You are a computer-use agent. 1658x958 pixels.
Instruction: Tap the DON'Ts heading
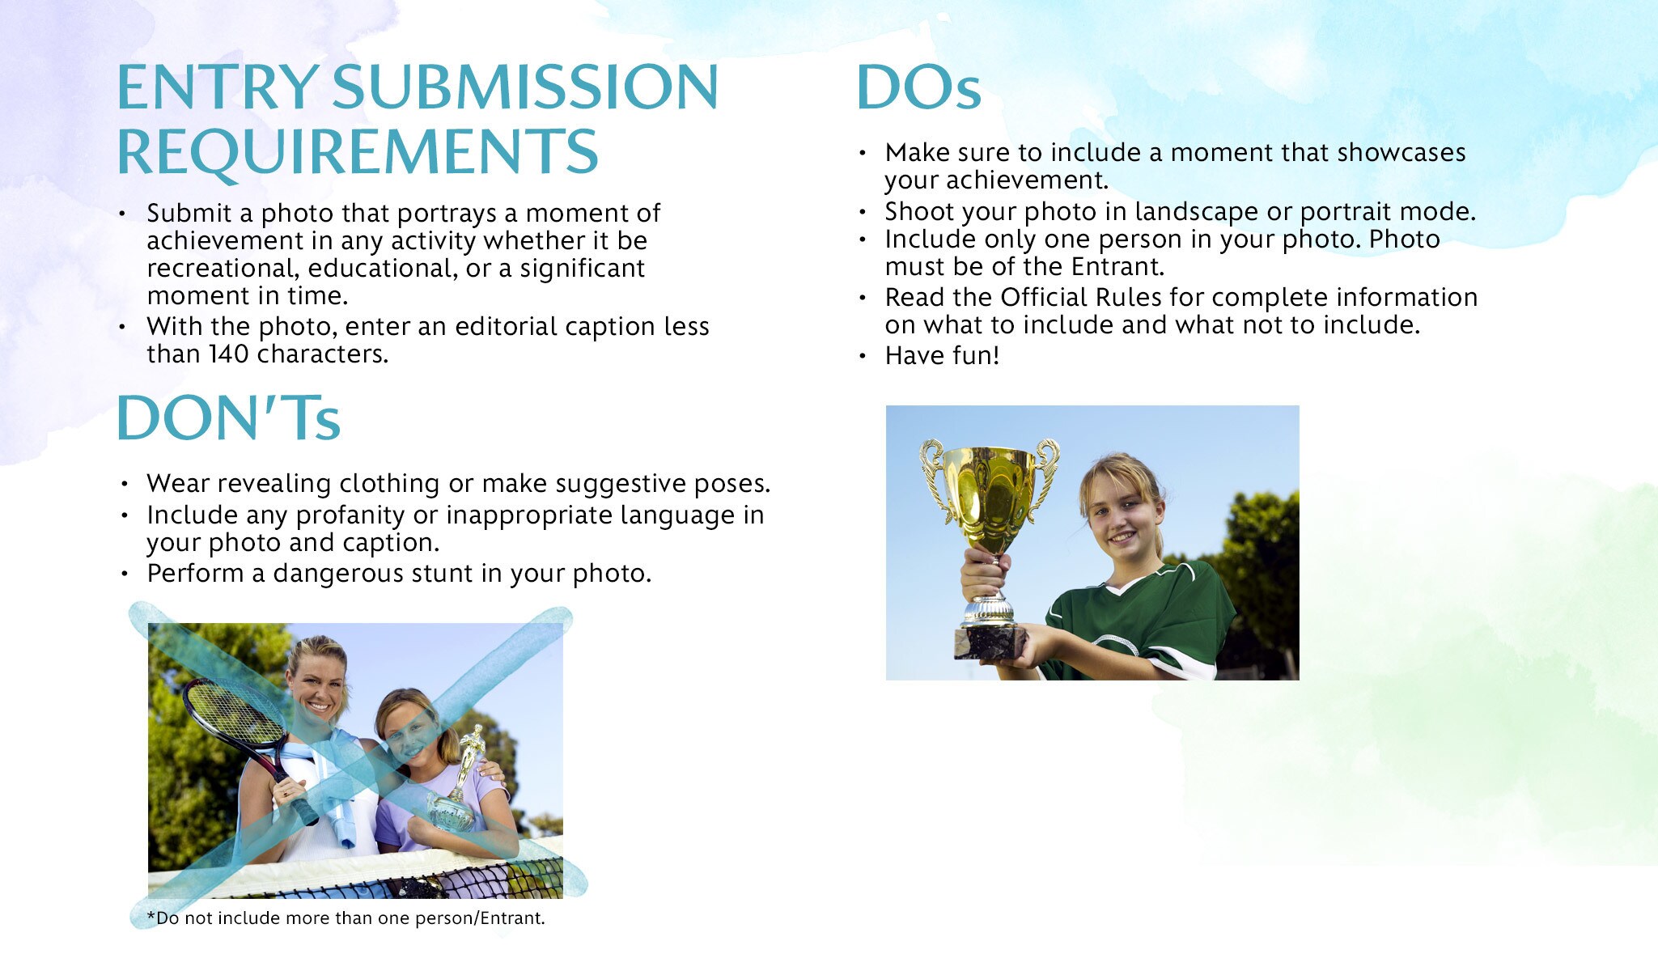[229, 418]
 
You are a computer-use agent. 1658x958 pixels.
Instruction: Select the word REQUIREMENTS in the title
[358, 151]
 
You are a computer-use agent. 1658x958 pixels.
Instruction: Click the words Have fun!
[942, 356]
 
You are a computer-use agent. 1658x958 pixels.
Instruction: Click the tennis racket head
[233, 714]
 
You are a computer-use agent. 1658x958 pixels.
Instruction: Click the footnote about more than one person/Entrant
[346, 918]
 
